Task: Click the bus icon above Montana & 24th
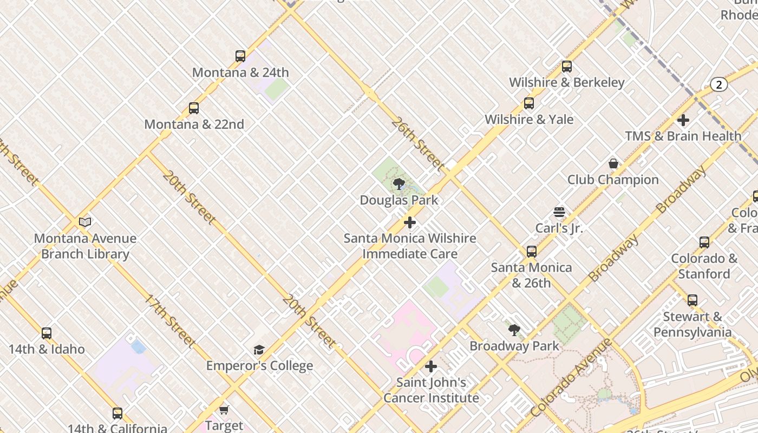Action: point(240,56)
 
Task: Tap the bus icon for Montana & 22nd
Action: point(194,108)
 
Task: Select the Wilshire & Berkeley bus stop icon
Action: point(567,67)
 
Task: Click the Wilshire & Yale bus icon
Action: point(529,103)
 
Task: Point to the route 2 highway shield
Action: point(718,84)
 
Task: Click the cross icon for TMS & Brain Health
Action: point(683,120)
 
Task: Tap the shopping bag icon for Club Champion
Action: point(613,163)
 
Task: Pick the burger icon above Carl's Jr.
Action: point(559,212)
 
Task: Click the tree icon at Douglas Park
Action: point(399,184)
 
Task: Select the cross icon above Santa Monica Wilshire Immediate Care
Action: point(410,222)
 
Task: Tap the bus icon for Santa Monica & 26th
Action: point(532,251)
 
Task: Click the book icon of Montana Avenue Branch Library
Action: point(85,222)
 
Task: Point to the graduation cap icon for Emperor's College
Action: point(259,350)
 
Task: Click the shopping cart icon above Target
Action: point(224,410)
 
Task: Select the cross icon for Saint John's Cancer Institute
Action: point(431,366)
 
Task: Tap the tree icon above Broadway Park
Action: point(514,330)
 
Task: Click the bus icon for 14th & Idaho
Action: point(47,333)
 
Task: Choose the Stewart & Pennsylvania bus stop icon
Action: point(692,300)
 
